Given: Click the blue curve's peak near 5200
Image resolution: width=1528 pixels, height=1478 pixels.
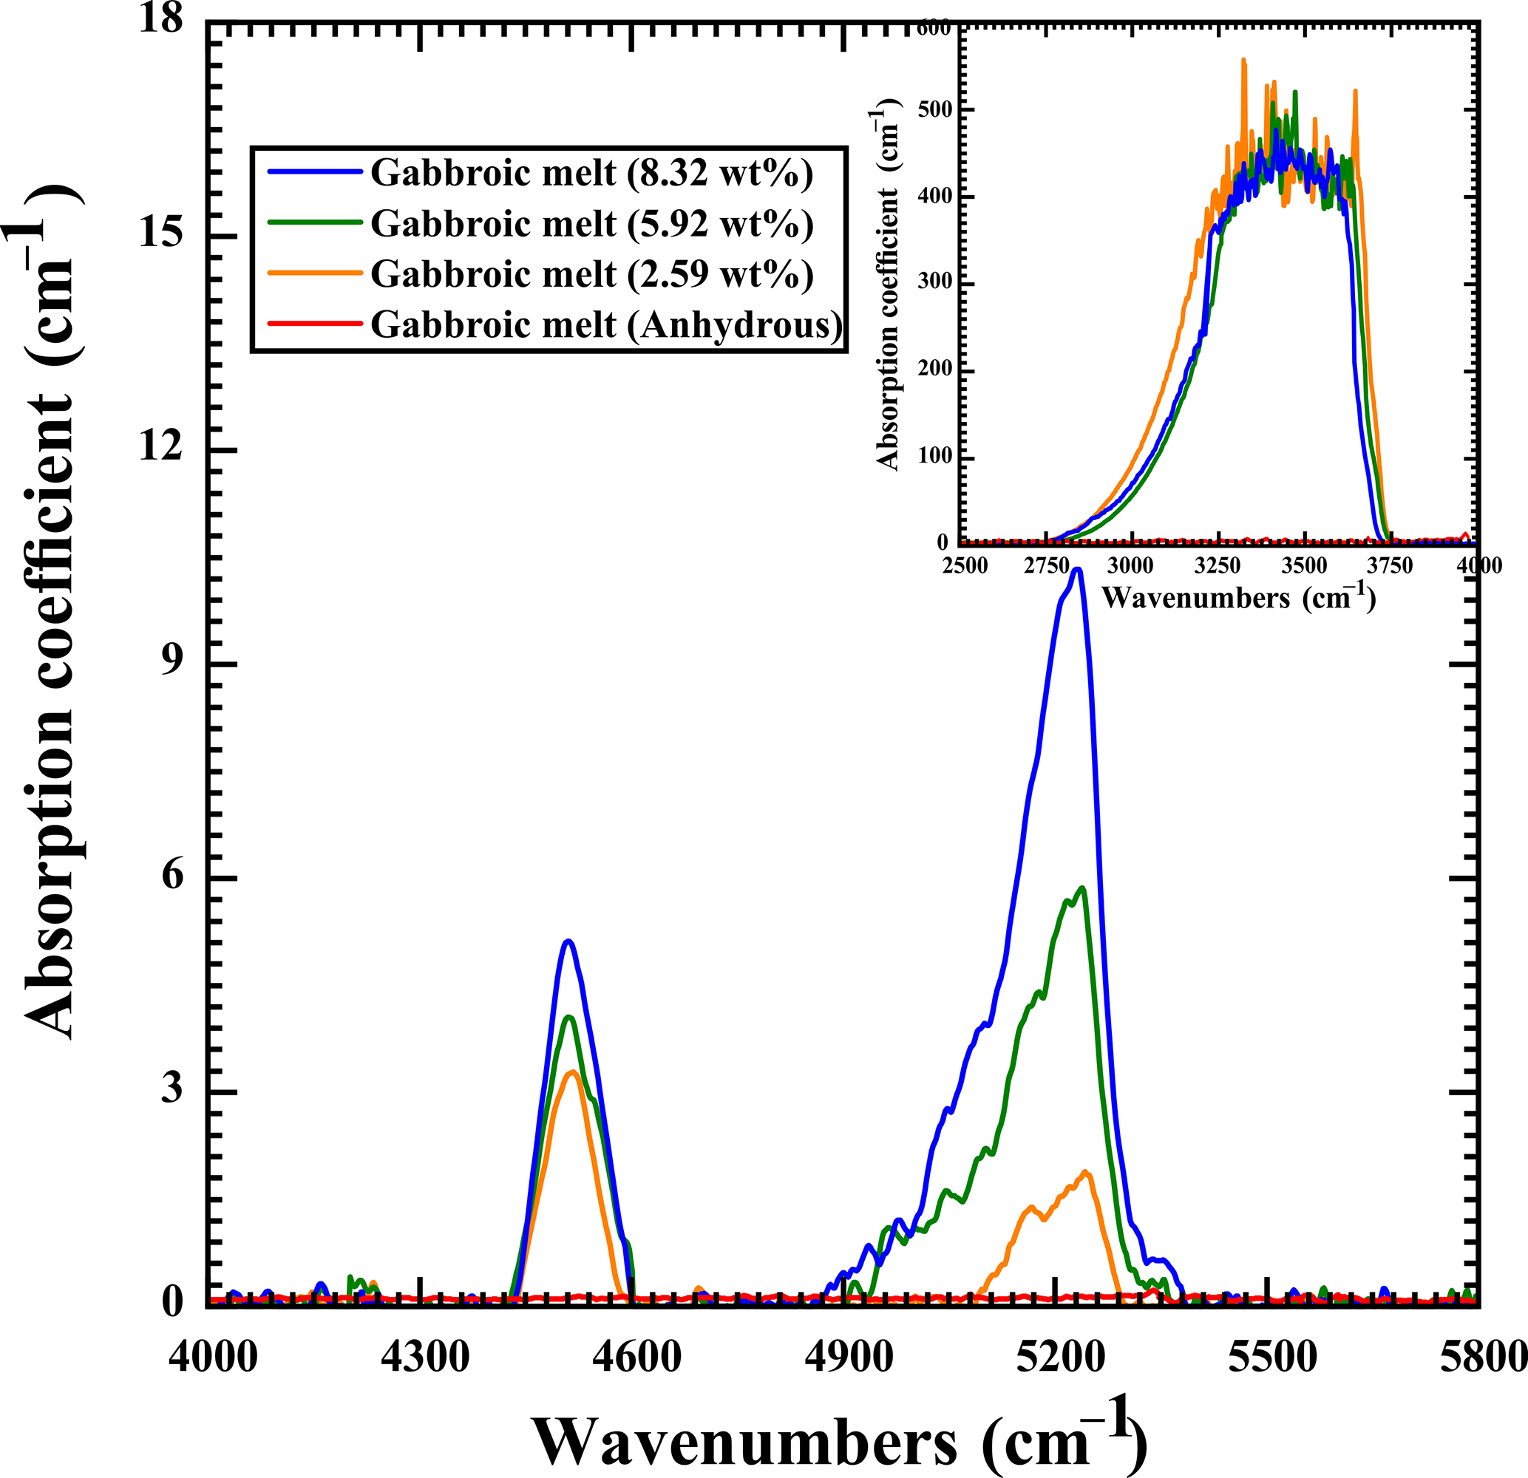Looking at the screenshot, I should click(1079, 570).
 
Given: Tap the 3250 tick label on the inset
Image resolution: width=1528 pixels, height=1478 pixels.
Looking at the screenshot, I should click(1217, 565).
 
